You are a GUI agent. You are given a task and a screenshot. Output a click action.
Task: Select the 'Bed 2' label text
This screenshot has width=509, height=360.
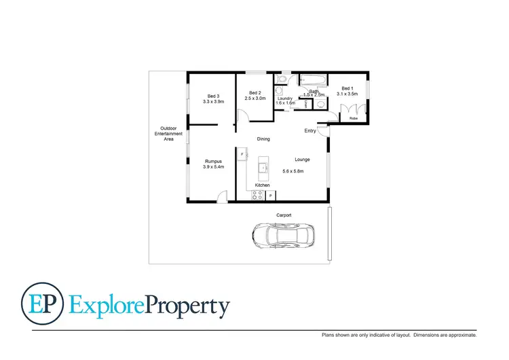click(x=254, y=92)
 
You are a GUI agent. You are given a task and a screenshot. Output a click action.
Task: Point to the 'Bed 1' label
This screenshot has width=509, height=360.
click(x=347, y=88)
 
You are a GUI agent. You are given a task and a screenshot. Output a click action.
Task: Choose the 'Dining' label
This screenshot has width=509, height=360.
click(x=263, y=139)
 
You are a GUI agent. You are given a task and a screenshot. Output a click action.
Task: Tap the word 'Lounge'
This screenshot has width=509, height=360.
click(x=303, y=160)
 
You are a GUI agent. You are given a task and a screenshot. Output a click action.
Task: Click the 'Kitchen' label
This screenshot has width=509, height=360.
click(x=263, y=185)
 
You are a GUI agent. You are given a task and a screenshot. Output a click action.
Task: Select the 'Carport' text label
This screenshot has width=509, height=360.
click(x=284, y=215)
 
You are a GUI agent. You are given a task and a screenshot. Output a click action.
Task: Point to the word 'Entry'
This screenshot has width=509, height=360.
click(x=310, y=130)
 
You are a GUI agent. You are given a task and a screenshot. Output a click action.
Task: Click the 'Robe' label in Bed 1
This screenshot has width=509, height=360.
click(x=353, y=118)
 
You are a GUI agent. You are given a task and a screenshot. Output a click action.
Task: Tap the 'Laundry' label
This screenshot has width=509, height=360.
click(x=285, y=98)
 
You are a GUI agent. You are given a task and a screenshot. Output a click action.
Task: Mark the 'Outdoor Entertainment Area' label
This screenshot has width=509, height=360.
click(x=168, y=134)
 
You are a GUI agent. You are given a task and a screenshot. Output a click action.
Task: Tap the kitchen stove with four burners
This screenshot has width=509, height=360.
click(x=258, y=196)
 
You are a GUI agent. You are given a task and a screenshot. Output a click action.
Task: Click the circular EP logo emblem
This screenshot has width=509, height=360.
click(x=42, y=304)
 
